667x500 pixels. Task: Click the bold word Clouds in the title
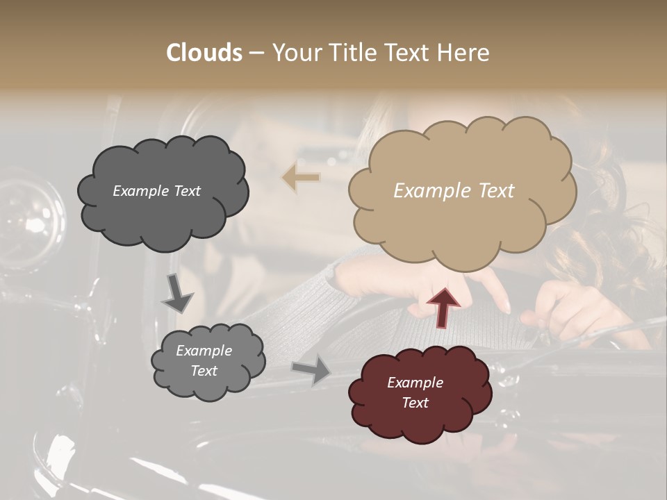tap(204, 53)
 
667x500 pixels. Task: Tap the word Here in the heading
tap(464, 53)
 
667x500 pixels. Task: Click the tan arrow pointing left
tap(301, 178)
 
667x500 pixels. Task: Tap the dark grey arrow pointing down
tap(178, 293)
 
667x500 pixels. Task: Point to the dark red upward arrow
tap(443, 307)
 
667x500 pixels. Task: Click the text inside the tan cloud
tap(454, 191)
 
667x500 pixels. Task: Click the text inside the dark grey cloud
tap(156, 191)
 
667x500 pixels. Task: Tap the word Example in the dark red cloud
tap(415, 383)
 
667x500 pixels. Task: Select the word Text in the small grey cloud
tap(204, 371)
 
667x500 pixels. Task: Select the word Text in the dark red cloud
tap(415, 403)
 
